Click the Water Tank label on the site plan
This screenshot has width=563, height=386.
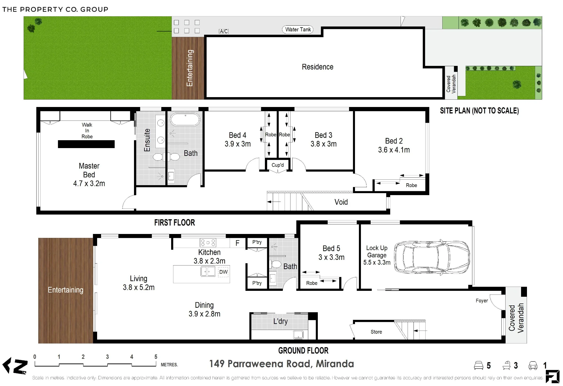tap(298, 30)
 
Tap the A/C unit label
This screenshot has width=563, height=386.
tap(224, 31)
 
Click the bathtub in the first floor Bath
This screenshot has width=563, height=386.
tap(185, 120)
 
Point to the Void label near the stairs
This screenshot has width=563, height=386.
tap(341, 202)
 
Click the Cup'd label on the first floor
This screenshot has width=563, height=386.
tap(278, 165)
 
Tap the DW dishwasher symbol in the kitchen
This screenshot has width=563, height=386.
tap(223, 272)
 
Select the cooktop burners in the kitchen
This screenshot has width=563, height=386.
tap(208, 243)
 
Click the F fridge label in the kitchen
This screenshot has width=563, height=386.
tap(237, 243)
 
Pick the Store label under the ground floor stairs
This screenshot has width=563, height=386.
tap(376, 332)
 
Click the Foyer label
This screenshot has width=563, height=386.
tap(482, 301)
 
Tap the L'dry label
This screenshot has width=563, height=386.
tap(280, 321)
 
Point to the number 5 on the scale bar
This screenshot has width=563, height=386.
tap(156, 357)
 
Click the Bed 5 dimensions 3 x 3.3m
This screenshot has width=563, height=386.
tap(331, 257)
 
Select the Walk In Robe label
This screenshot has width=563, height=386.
tap(87, 131)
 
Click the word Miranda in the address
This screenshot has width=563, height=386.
tap(335, 364)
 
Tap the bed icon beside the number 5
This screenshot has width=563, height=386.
tap(479, 365)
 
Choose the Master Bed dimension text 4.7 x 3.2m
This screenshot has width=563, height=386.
tap(89, 184)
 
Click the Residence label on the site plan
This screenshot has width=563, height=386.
tap(318, 67)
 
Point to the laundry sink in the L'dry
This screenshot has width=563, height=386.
tap(298, 335)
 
